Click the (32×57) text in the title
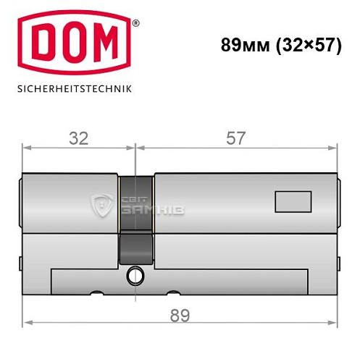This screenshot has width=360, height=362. pos(311,44)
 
